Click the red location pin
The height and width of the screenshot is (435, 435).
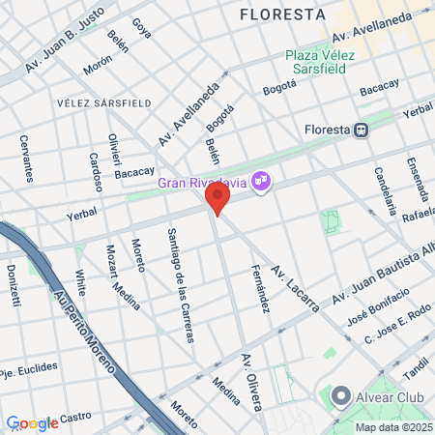pyautogui.click(x=217, y=199)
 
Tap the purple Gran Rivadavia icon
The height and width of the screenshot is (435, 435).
pyautogui.click(x=260, y=181)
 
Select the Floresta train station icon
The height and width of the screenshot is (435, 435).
pyautogui.click(x=360, y=130)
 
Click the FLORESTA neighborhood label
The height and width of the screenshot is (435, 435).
pyautogui.click(x=281, y=14)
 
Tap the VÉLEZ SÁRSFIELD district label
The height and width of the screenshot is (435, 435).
pyautogui.click(x=103, y=101)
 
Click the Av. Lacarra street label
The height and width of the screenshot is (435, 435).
pyautogui.click(x=295, y=286)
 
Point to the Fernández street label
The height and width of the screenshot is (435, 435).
pyautogui.click(x=259, y=287)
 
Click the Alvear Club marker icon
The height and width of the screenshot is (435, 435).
pyautogui.click(x=340, y=396)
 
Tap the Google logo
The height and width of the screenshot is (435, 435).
pyautogui.click(x=32, y=423)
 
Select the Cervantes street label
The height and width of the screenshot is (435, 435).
pyautogui.click(x=26, y=157)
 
